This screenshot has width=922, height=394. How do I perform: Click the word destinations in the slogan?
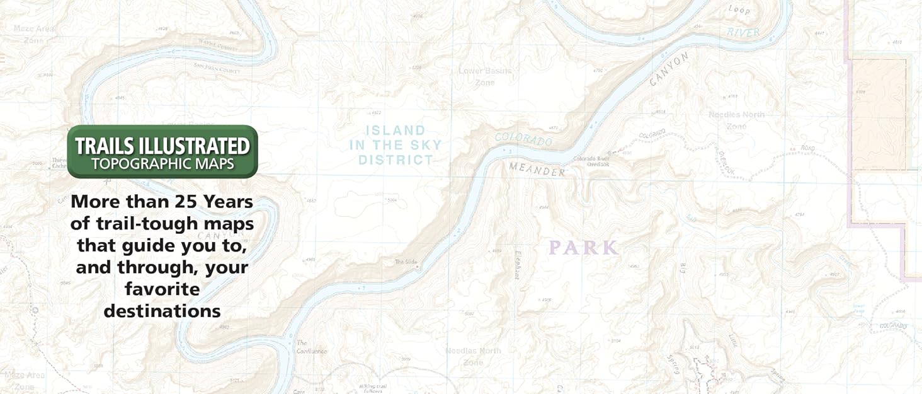[x=162, y=311]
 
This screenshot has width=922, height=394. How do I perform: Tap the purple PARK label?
[x=583, y=248]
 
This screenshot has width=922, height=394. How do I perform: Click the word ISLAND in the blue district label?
[x=396, y=130]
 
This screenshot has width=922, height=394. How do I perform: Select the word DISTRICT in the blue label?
[x=396, y=160]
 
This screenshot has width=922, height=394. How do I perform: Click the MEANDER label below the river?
[x=537, y=170]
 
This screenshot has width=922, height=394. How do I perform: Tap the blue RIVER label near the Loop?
[x=743, y=32]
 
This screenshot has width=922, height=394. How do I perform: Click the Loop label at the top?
[x=739, y=9]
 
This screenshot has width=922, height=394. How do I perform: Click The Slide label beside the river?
[x=406, y=262]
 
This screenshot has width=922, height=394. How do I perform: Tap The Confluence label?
[x=312, y=347]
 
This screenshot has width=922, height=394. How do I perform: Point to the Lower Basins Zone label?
[x=485, y=76]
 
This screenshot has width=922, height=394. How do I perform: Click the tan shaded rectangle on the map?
[x=879, y=113]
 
